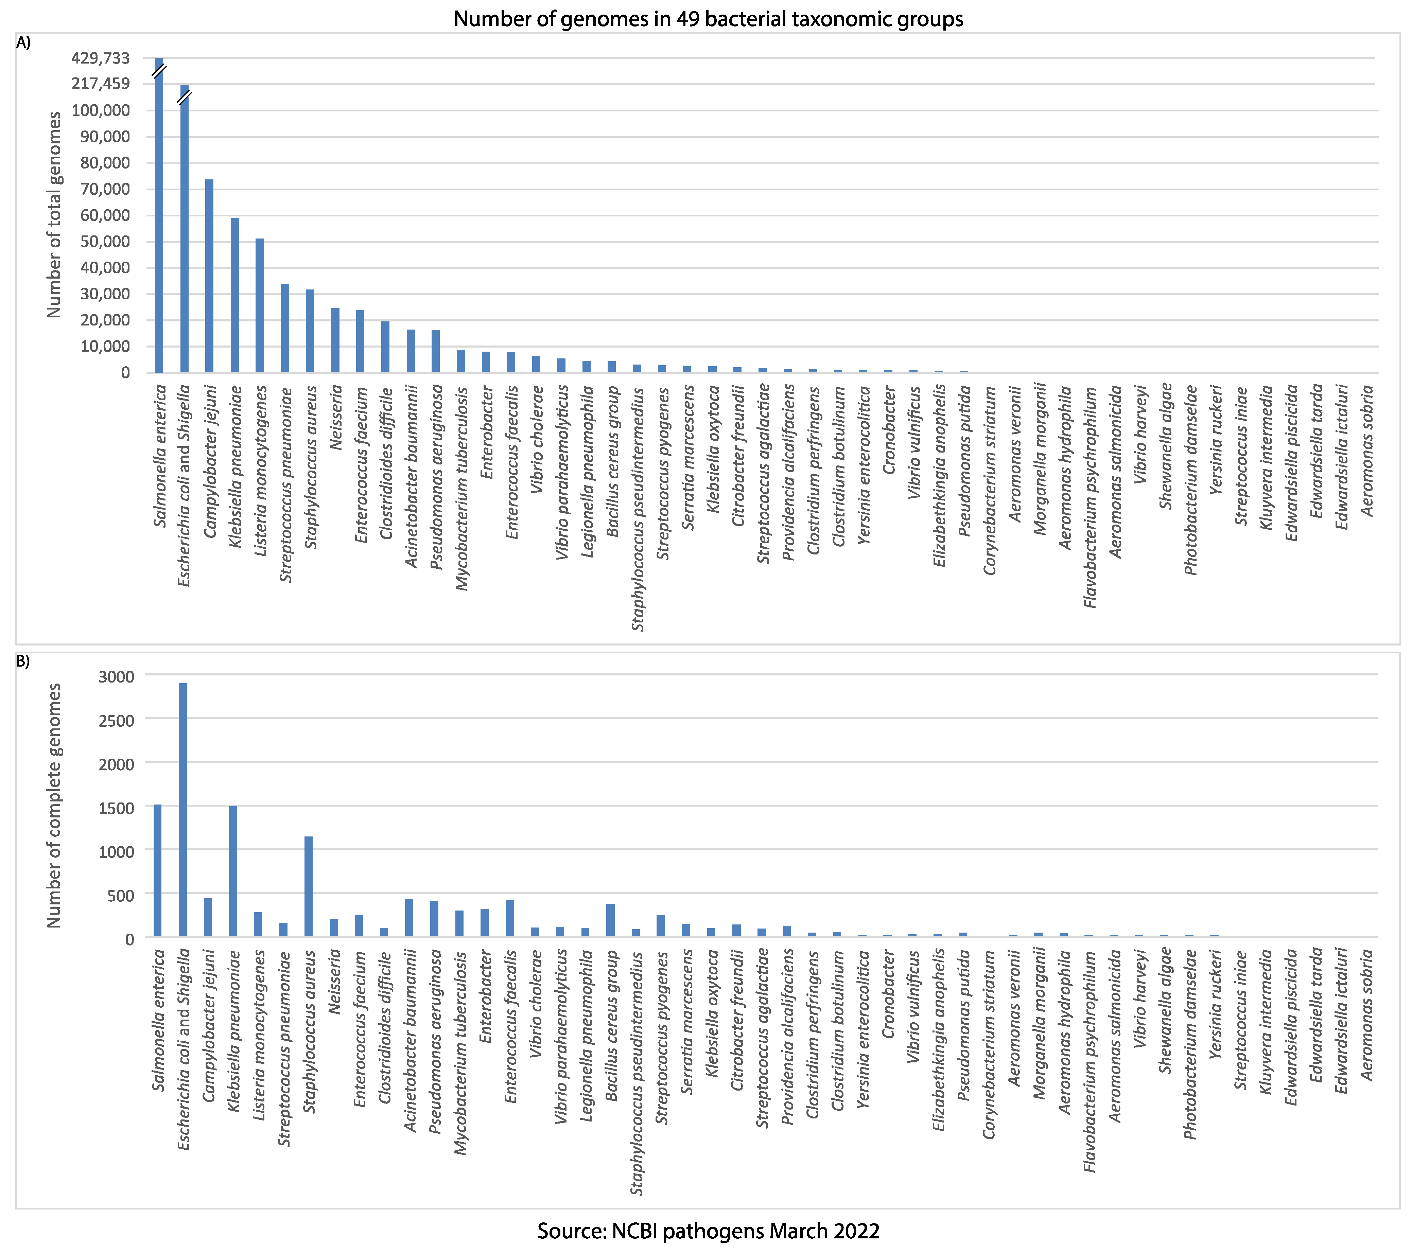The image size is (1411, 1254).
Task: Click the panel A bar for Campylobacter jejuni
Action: (209, 276)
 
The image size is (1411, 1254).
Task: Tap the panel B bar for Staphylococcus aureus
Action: (309, 887)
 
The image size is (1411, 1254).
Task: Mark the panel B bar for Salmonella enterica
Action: (157, 871)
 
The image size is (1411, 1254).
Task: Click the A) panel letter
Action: (23, 43)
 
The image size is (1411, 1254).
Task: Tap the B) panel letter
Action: (23, 661)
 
